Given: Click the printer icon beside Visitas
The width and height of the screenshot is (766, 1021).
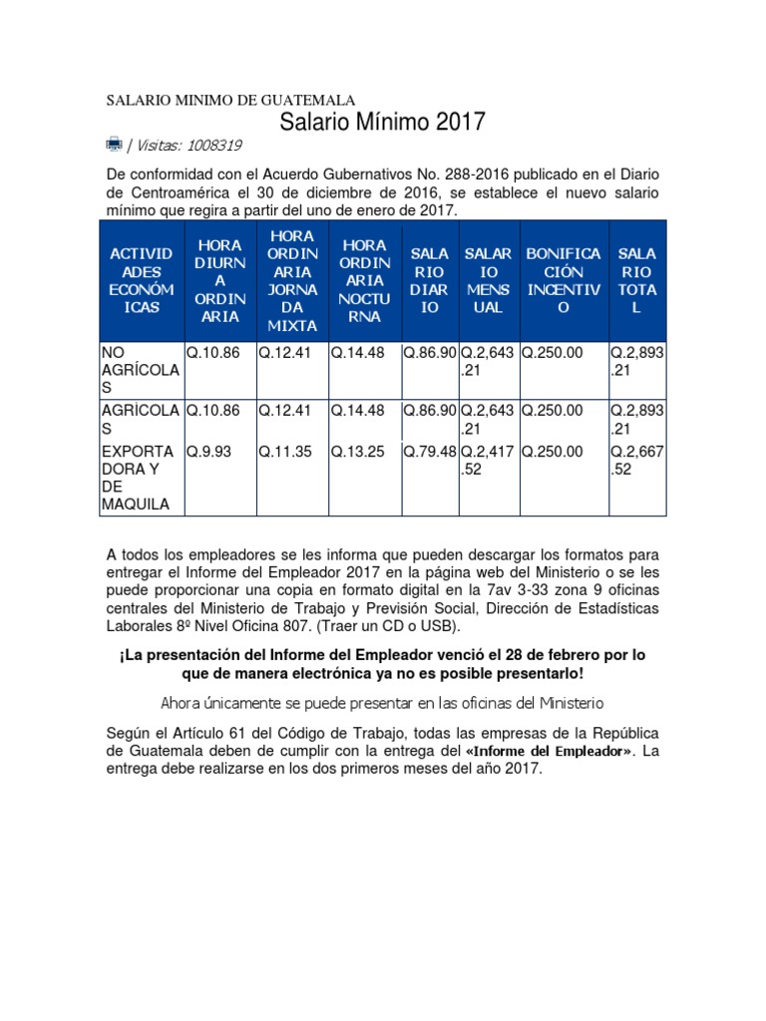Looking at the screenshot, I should (114, 144).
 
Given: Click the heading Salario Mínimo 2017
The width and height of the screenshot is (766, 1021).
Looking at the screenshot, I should (382, 123).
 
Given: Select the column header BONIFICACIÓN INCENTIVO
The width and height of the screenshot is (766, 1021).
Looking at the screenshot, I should (564, 280).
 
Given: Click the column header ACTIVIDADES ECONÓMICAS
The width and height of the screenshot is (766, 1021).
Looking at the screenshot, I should (141, 280).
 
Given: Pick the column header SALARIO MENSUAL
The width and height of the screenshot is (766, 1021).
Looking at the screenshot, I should (488, 280).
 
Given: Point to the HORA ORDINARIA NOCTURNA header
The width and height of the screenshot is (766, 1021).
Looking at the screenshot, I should (364, 280).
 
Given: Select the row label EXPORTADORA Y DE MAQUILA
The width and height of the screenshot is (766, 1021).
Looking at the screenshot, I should (140, 478).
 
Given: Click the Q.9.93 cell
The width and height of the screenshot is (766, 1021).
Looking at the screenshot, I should (208, 452).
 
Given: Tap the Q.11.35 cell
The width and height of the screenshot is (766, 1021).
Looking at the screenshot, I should (284, 452).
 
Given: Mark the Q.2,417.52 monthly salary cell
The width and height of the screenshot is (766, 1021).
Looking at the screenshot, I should (488, 460).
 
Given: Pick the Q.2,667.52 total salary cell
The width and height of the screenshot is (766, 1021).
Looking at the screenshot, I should (637, 460).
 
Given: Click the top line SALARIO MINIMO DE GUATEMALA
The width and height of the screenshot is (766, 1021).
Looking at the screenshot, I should (230, 101).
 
